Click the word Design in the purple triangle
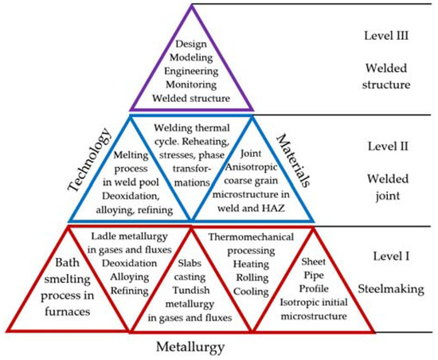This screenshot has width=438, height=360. [191, 46]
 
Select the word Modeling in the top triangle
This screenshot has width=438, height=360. [191, 60]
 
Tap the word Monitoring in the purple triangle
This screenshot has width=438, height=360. [191, 86]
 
